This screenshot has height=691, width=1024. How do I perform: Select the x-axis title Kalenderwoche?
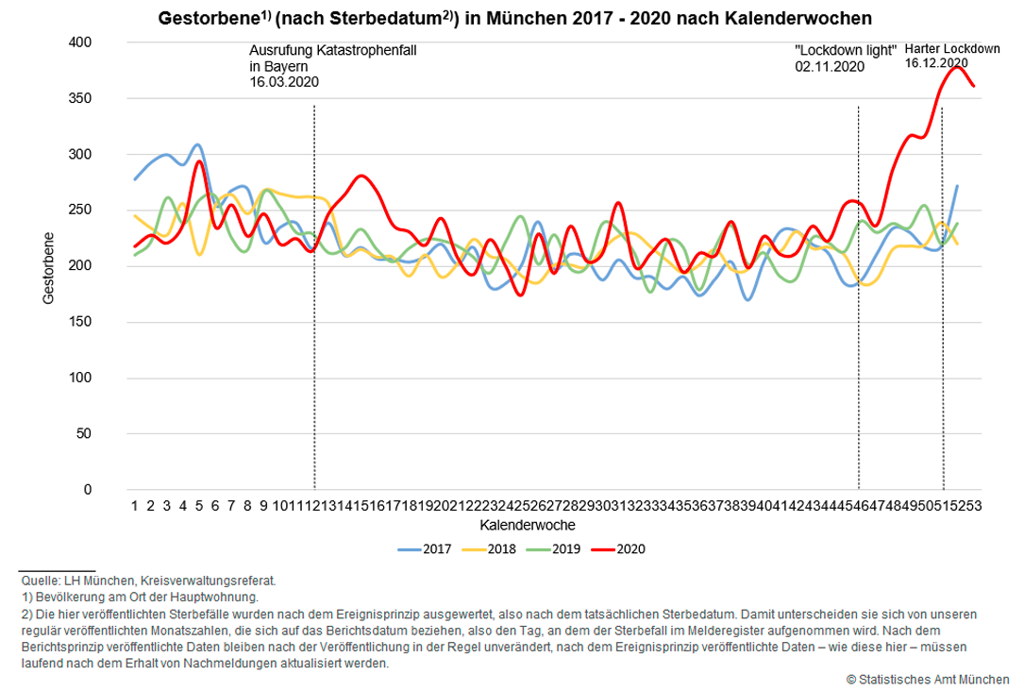point(528,524)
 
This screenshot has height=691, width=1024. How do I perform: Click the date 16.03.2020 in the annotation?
point(283,82)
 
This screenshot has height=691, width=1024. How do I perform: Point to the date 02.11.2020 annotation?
point(830,66)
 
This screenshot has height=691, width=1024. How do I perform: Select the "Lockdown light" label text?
point(845,50)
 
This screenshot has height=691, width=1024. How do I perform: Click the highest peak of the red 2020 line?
point(958,67)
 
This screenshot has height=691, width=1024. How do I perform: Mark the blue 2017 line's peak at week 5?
point(197,145)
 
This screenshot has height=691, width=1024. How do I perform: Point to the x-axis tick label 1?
point(135,505)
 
